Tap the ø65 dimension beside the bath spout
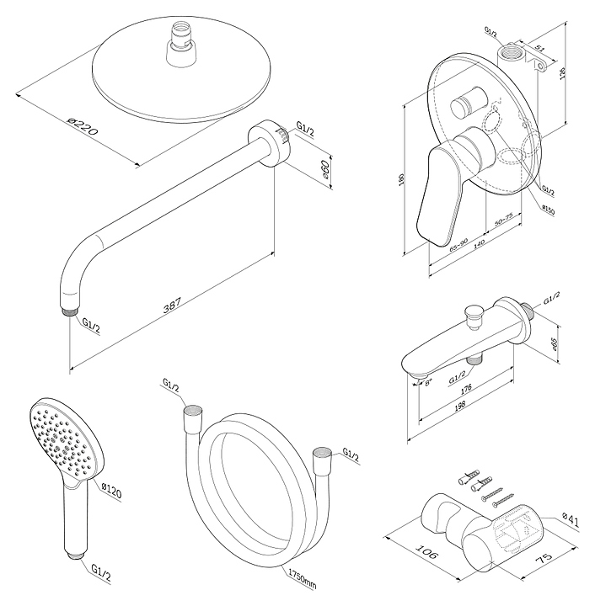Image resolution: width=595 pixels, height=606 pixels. click(555, 343)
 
